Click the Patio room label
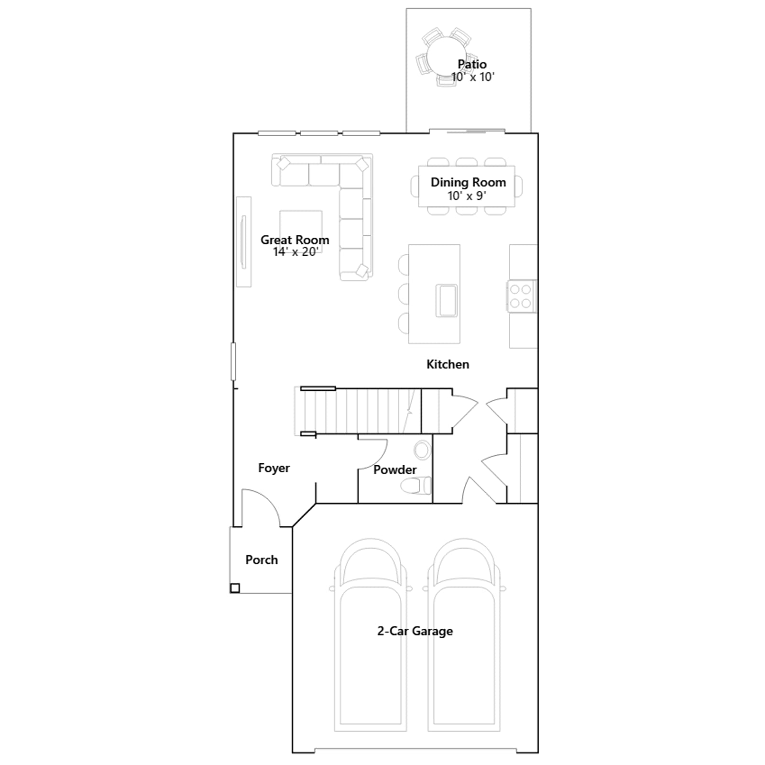pyautogui.click(x=472, y=64)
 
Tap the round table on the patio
pyautogui.click(x=447, y=56)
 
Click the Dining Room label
pyautogui.click(x=468, y=182)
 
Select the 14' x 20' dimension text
pyautogui.click(x=295, y=252)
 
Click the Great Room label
pyautogui.click(x=295, y=240)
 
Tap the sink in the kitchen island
pyautogui.click(x=447, y=300)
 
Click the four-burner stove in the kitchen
pyautogui.click(x=522, y=296)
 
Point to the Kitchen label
pyautogui.click(x=448, y=364)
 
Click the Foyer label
pyautogui.click(x=273, y=468)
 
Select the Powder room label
pyautogui.click(x=394, y=470)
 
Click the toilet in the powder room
pyautogui.click(x=415, y=486)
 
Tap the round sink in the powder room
pyautogui.click(x=422, y=450)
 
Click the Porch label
pyautogui.click(x=262, y=560)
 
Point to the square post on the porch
pyautogui.click(x=235, y=588)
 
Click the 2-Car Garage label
pyautogui.click(x=415, y=631)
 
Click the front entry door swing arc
pyautogui.click(x=268, y=500)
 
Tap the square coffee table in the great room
pyautogui.click(x=301, y=231)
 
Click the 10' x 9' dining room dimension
pyautogui.click(x=467, y=196)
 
